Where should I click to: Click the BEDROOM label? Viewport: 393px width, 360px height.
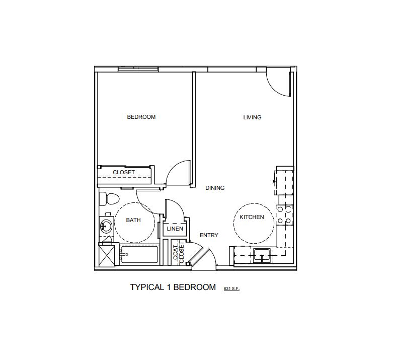[141, 117]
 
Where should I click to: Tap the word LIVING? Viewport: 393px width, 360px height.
[252, 117]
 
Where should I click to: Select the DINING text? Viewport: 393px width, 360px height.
[215, 188]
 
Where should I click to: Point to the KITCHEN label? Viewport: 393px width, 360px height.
[252, 217]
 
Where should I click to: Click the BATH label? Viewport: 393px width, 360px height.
[133, 220]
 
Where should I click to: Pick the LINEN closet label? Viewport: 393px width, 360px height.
[175, 230]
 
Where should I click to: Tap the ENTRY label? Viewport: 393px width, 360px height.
[208, 235]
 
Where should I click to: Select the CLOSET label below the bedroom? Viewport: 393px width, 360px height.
[123, 172]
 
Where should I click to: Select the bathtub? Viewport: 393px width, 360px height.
[139, 255]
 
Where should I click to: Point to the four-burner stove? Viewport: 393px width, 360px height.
[284, 214]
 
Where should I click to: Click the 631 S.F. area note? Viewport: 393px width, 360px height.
[232, 289]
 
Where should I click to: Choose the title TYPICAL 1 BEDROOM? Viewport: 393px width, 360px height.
[173, 287]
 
